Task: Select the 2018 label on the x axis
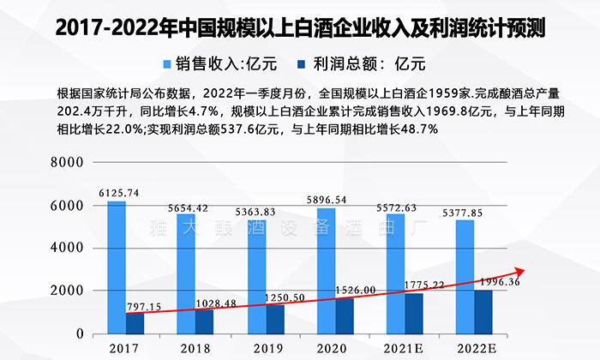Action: pyautogui.click(x=195, y=347)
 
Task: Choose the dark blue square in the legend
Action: pyautogui.click(x=301, y=63)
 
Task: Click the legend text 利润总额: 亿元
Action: pyautogui.click(x=369, y=63)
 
